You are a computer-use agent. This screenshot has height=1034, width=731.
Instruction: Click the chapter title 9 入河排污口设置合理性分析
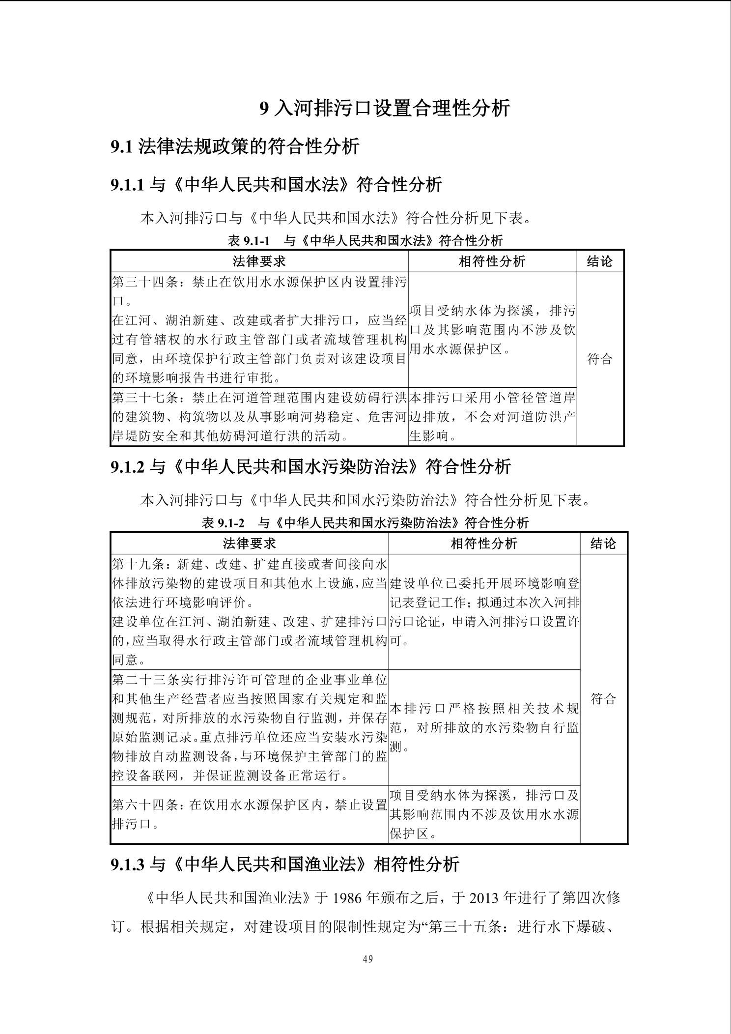click(385, 108)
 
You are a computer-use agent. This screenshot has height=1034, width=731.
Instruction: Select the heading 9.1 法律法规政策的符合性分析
click(235, 146)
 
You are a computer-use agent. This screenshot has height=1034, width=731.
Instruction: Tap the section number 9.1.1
click(127, 185)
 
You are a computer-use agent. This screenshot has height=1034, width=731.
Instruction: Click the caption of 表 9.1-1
click(365, 240)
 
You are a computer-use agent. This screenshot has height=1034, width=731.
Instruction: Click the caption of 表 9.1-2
click(365, 522)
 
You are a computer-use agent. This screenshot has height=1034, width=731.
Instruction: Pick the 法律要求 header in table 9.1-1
click(259, 261)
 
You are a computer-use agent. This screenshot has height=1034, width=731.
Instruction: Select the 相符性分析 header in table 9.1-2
click(484, 544)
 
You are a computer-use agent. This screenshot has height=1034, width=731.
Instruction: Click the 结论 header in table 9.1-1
click(600, 261)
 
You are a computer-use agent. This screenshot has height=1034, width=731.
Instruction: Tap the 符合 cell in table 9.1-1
click(600, 359)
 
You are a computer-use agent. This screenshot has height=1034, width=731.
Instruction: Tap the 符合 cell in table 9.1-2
click(603, 699)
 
